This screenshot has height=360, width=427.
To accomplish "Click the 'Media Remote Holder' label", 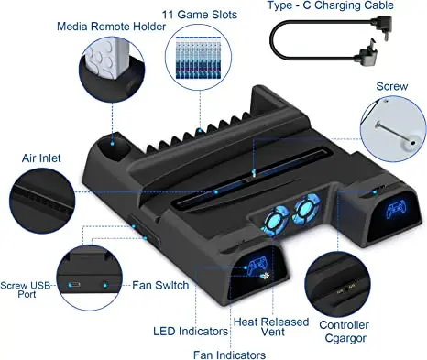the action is click(111, 27).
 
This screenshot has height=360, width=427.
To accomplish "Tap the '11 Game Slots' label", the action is click(200, 15).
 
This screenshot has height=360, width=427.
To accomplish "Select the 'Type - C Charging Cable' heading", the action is click(331, 5).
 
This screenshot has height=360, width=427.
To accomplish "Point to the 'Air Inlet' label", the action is click(41, 158).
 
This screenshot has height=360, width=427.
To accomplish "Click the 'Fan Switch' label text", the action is click(160, 285).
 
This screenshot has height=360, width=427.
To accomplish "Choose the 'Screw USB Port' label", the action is click(26, 289).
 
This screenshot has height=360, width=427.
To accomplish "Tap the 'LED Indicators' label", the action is click(191, 331).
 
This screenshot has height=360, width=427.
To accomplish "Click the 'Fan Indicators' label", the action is click(229, 355).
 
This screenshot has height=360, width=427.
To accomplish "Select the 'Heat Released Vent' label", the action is click(271, 326).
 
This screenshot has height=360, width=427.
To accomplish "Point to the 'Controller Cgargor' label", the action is click(345, 332).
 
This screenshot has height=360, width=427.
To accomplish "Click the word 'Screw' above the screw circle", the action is click(391, 86).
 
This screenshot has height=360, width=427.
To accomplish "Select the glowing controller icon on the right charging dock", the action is click(396, 210).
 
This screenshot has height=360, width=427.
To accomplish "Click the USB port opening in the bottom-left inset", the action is click(74, 285).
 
